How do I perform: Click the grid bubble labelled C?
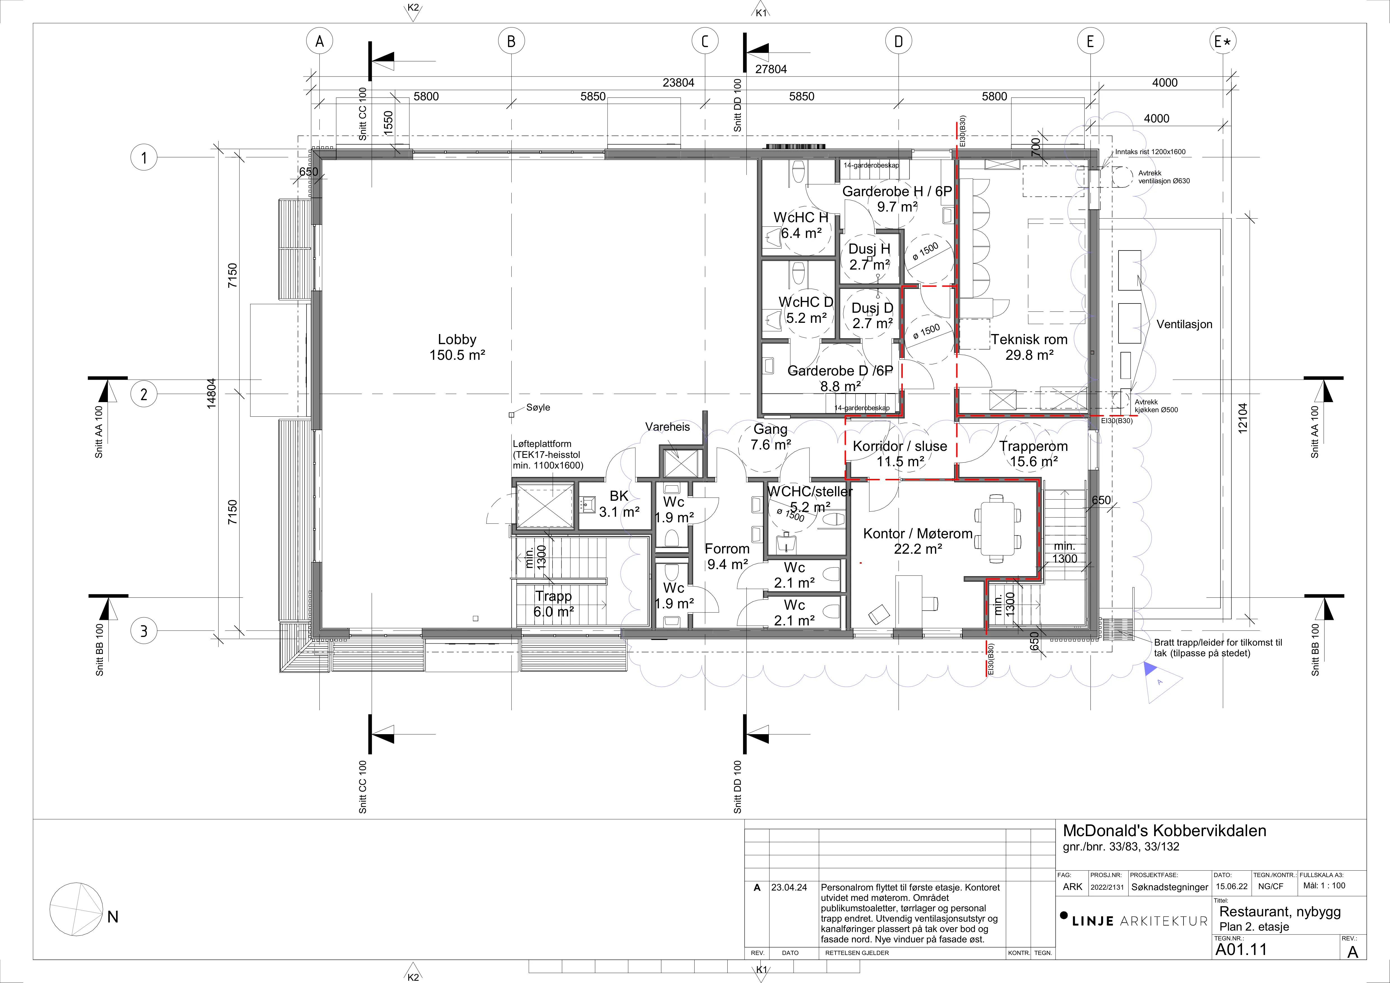point(705,41)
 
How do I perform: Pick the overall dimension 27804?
point(771,69)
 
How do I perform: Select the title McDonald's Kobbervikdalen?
point(1164,831)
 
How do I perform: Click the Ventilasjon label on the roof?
point(1184,324)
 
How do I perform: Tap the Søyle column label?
point(538,407)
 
